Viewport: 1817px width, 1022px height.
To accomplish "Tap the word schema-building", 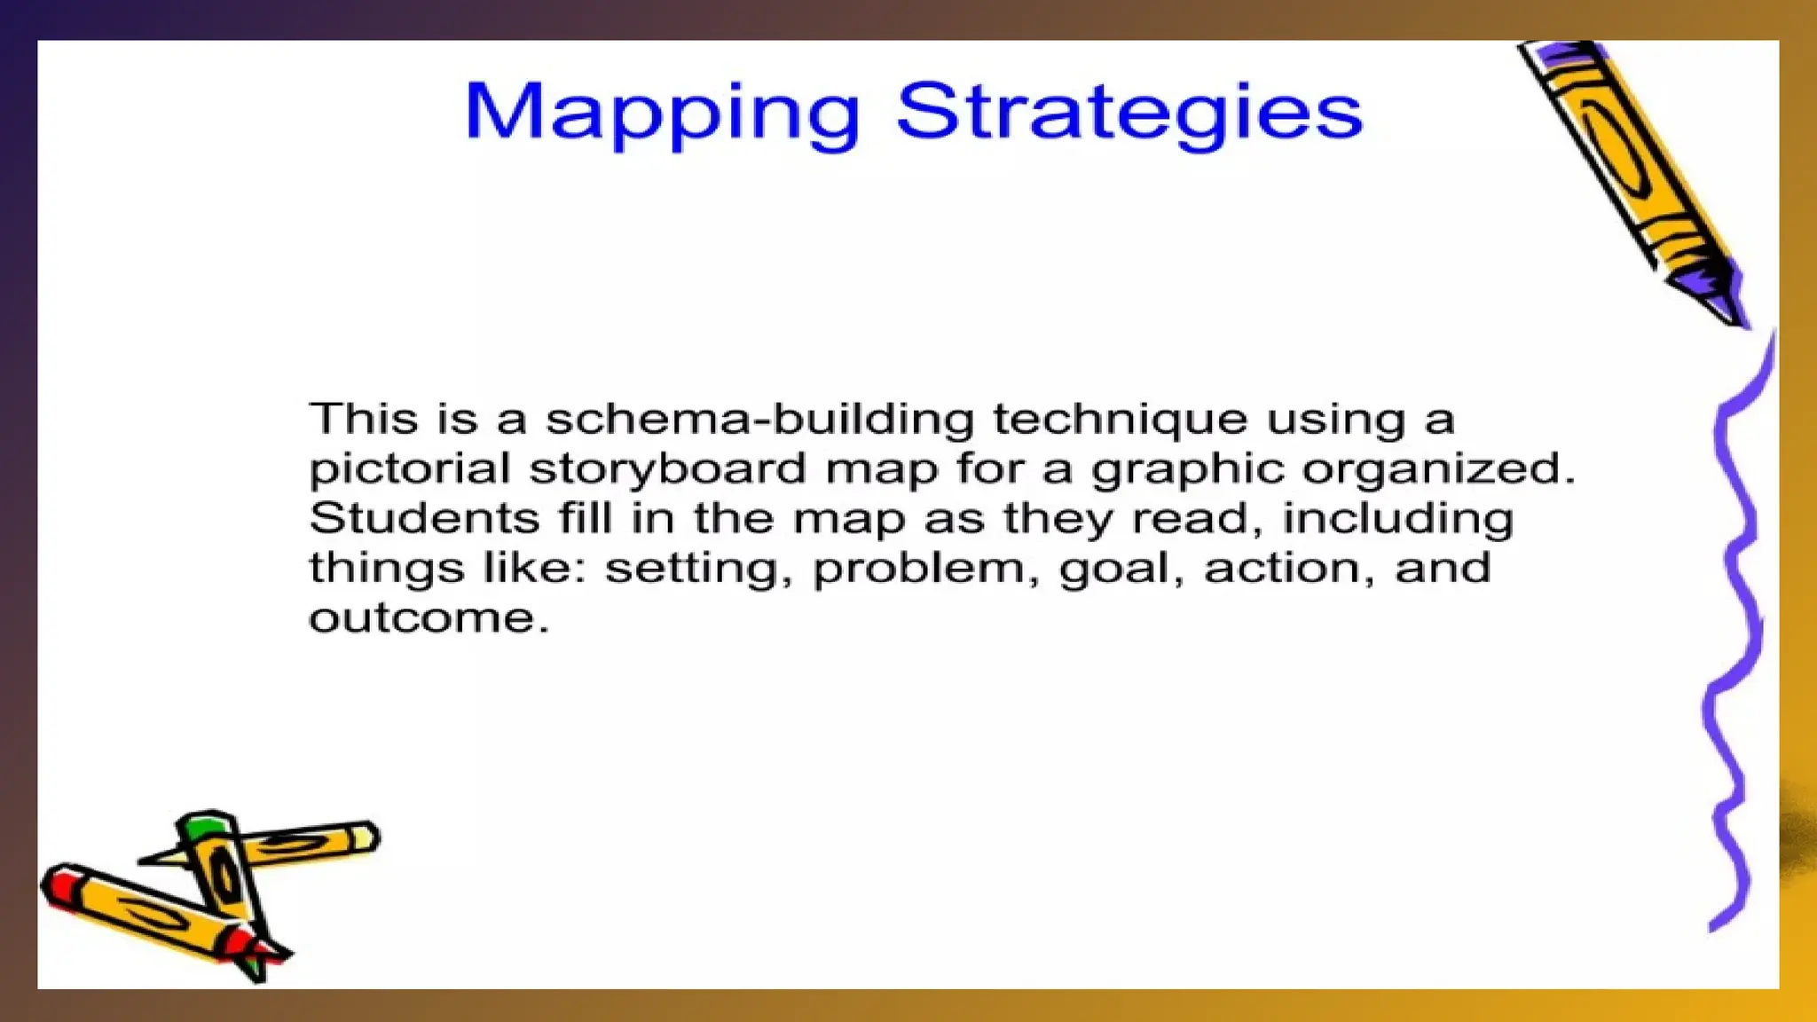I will click(759, 419).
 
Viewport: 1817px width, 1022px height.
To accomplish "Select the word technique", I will click(1120, 419).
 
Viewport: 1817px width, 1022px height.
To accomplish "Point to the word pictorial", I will click(409, 468).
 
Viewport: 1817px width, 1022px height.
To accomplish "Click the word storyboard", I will click(667, 468).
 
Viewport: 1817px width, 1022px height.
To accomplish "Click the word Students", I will click(424, 518).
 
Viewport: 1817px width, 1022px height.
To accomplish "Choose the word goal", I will click(1122, 568).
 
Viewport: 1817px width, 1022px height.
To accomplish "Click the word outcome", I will click(429, 617).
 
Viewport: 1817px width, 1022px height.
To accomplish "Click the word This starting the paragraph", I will click(363, 419).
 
